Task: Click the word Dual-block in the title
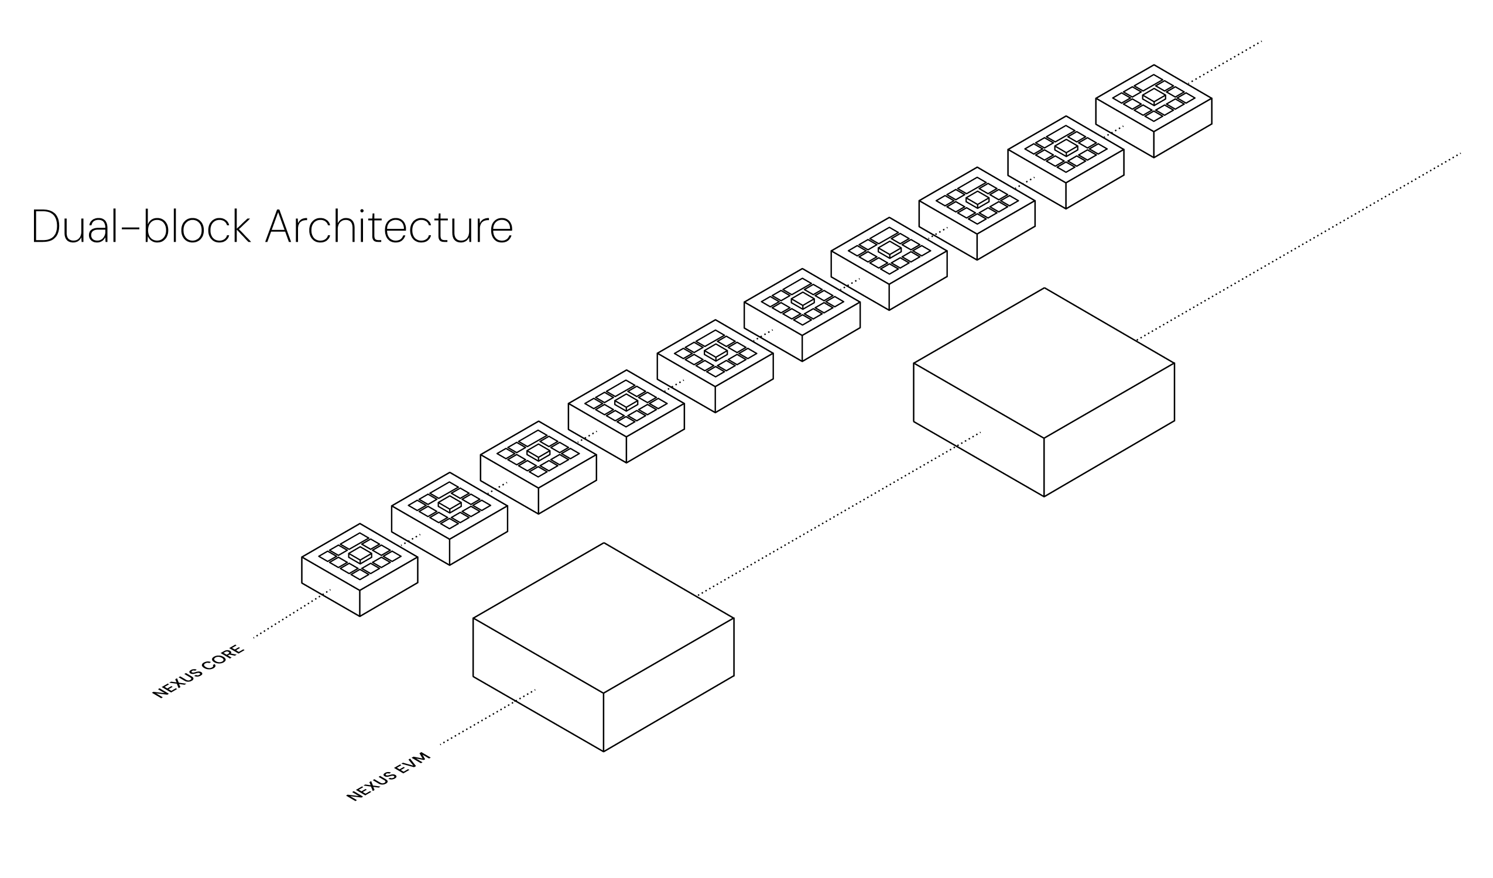141,226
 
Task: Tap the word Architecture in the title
389,226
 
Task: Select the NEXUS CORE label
198,671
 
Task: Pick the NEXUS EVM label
388,776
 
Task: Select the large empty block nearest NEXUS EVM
603,647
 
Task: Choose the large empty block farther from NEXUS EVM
1043,392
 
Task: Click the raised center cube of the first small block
359,555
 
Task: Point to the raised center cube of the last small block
1153,97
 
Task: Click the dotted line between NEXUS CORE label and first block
290,615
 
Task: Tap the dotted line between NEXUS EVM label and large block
486,717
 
